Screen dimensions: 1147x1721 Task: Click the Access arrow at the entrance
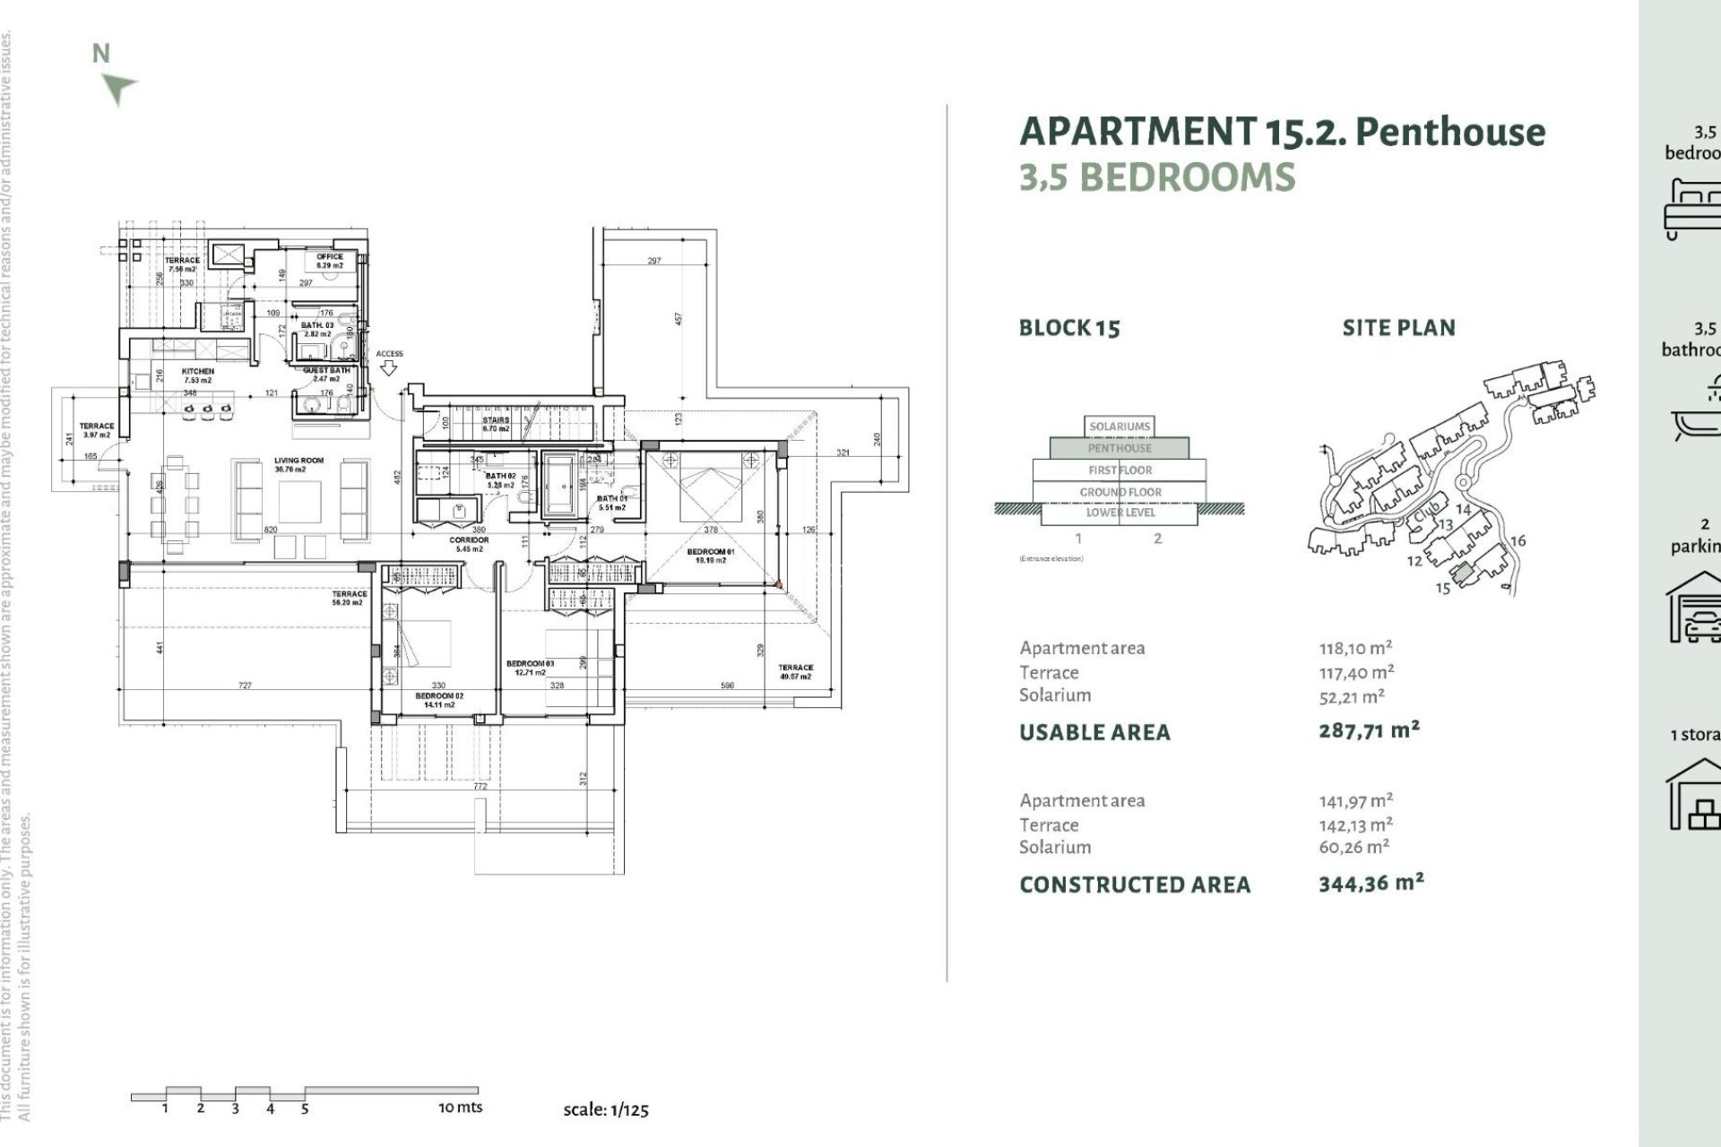tap(389, 367)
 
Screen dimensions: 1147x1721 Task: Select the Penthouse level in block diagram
tap(1120, 448)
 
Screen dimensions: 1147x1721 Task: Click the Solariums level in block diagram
tap(1120, 427)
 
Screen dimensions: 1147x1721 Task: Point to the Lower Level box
tap(1120, 513)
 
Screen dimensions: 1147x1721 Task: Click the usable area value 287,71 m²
tap(1369, 730)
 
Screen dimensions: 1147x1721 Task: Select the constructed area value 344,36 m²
tap(1371, 884)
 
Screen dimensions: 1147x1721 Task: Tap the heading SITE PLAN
tap(1398, 328)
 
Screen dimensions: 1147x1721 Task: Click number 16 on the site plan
tap(1518, 541)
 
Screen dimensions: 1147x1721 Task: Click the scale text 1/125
tap(605, 1109)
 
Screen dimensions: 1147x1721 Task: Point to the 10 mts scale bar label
tap(460, 1108)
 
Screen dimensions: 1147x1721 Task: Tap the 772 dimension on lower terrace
tap(480, 787)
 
